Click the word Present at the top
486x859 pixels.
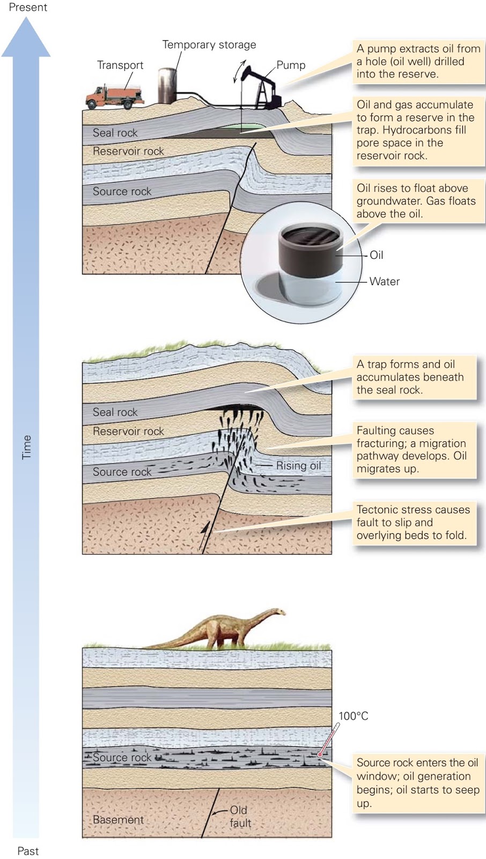click(28, 8)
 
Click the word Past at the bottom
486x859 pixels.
click(28, 851)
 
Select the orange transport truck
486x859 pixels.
click(114, 97)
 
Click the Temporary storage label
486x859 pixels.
click(209, 45)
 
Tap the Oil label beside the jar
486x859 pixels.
click(377, 255)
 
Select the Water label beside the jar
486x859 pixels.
click(384, 281)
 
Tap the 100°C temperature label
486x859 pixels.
click(354, 716)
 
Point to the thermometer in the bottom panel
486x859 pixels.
click(328, 740)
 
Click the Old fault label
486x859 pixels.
click(240, 817)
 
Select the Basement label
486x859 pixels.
click(118, 820)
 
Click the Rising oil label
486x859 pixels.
click(298, 465)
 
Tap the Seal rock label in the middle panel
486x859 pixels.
click(115, 412)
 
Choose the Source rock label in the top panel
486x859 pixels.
click(122, 192)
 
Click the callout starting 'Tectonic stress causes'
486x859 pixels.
click(413, 522)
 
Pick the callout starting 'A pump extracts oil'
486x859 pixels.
click(418, 61)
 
